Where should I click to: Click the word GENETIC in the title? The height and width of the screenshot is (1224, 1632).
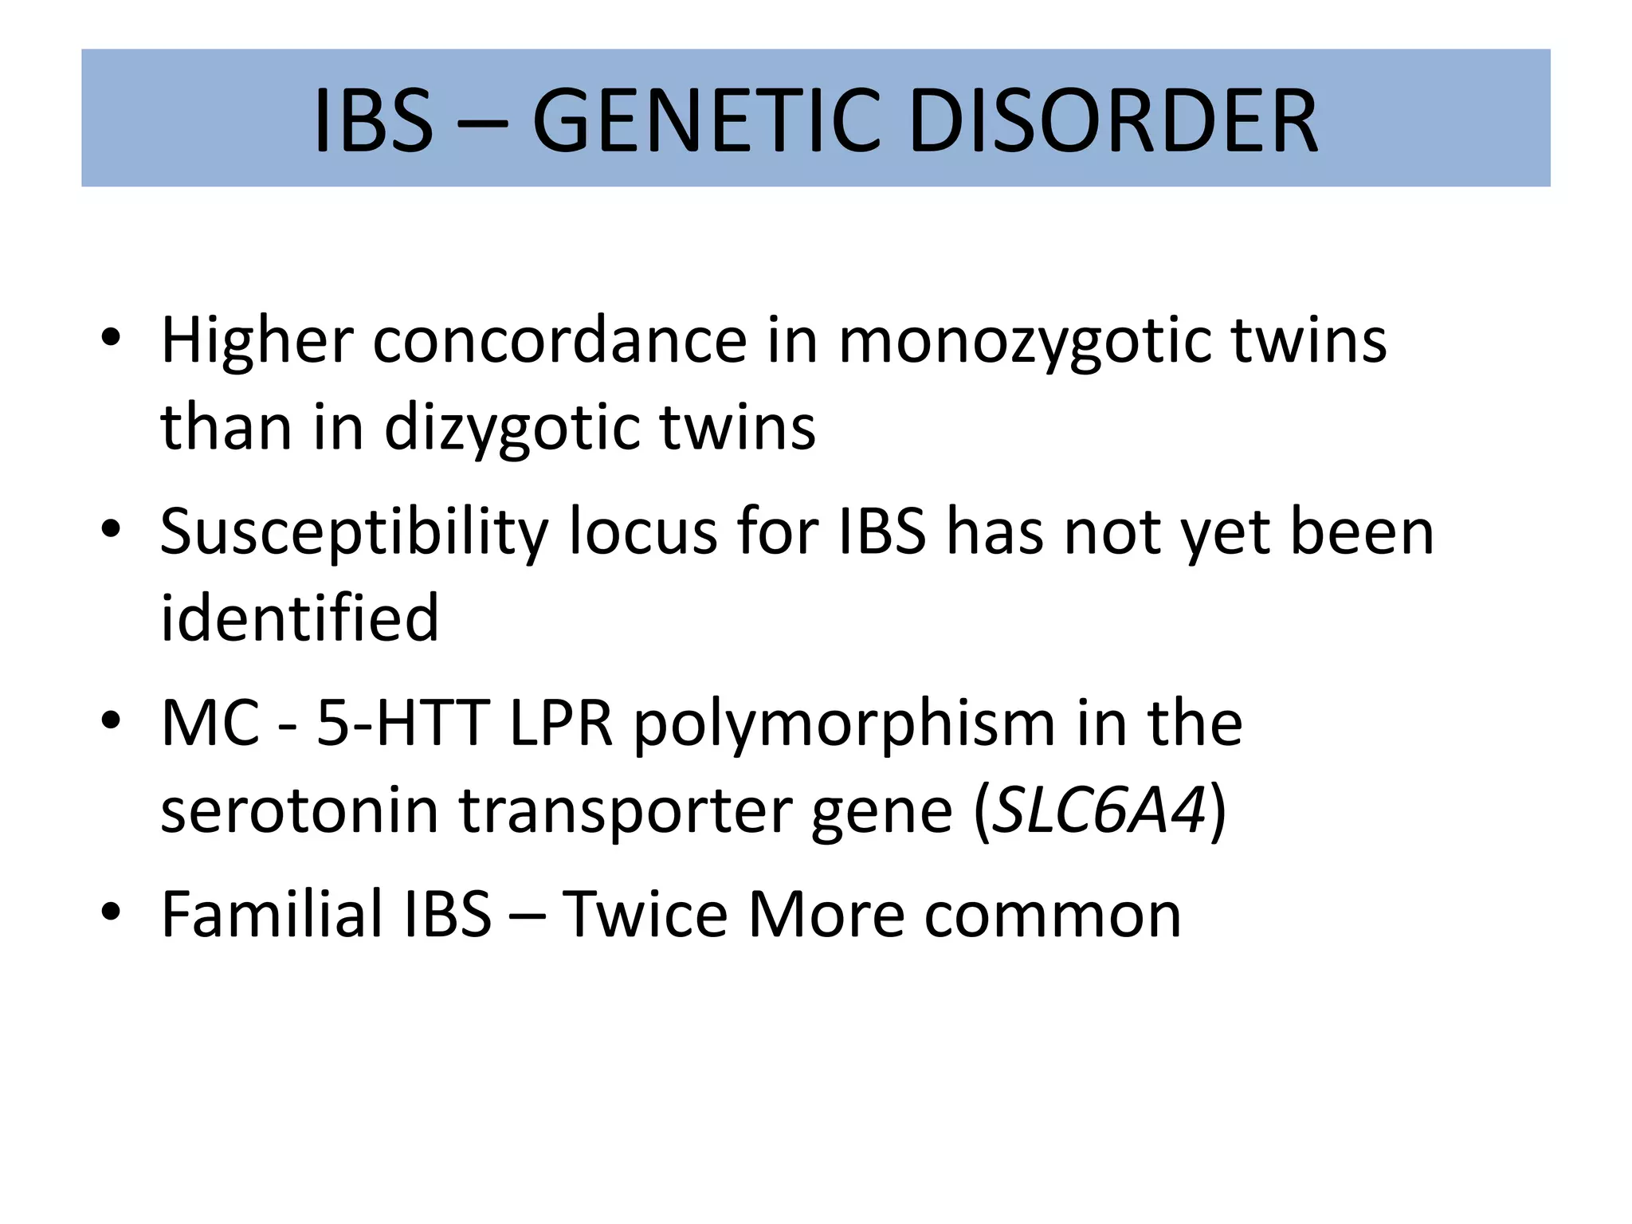(706, 121)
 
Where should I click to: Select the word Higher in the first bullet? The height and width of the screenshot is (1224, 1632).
(257, 341)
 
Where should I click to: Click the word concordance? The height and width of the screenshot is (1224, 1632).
(559, 341)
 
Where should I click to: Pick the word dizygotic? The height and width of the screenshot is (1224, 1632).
(512, 429)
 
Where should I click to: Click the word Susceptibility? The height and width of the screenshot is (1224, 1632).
(354, 532)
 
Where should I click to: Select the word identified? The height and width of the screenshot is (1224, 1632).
(300, 618)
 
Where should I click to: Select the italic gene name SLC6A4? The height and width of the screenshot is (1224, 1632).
(1101, 810)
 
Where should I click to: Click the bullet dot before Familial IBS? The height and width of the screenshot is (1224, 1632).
(111, 911)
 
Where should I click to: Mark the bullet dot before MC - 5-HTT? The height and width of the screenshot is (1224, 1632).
(111, 720)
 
